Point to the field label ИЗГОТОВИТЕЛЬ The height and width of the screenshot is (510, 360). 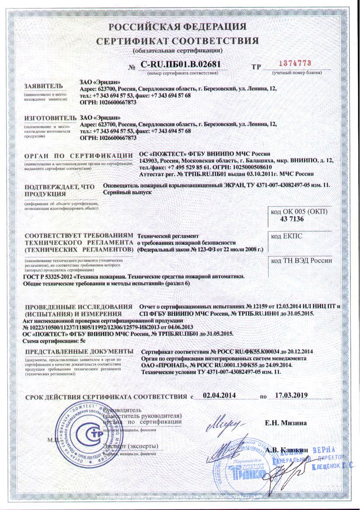point(46,118)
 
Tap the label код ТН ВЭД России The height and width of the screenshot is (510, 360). point(301,260)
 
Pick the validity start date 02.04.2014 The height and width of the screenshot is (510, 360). point(220,395)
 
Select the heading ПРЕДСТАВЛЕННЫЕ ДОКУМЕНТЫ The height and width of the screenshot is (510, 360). point(79,352)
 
